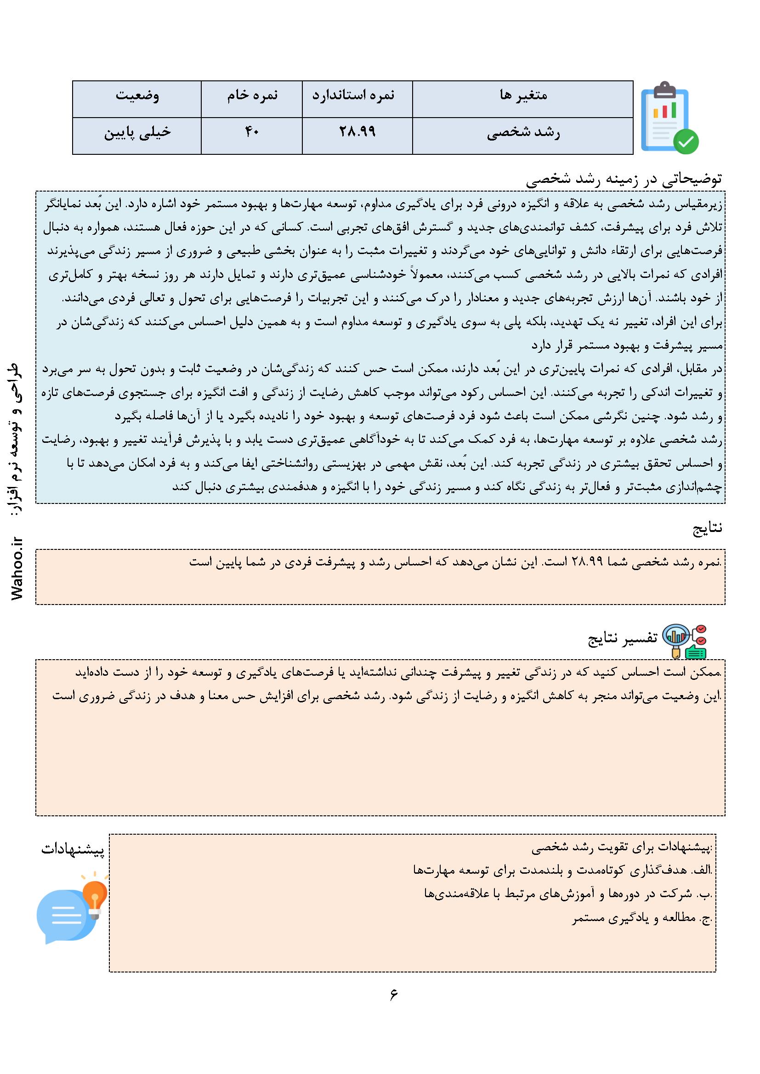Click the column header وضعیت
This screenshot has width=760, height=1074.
click(136, 96)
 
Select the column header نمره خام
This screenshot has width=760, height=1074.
click(252, 96)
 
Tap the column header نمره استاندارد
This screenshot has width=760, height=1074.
click(357, 96)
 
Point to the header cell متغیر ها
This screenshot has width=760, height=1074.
click(523, 96)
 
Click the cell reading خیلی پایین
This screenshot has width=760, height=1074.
click(136, 133)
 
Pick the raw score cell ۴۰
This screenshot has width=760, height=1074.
click(252, 133)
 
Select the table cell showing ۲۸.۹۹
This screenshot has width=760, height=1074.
click(357, 133)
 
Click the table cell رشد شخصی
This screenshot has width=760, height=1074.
click(523, 133)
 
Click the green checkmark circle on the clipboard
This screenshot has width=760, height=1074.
click(686, 141)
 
